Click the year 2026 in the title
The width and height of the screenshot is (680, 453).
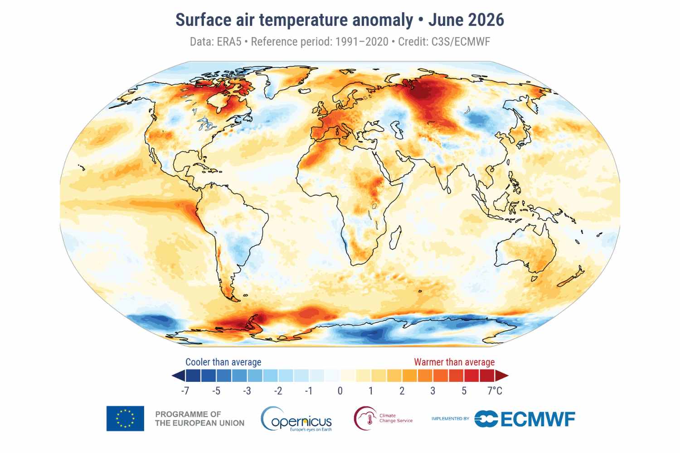pos(486,20)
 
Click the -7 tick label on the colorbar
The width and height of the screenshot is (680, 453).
pos(185,391)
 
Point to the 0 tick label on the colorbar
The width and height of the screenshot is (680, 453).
pos(340,391)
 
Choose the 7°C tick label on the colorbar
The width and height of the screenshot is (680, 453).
pos(495,391)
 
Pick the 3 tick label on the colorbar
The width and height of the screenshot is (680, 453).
pos(433,391)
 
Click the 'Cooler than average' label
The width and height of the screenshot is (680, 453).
pos(223,362)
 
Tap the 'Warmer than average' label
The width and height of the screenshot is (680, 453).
pos(454,362)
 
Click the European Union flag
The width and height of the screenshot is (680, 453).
pos(125,419)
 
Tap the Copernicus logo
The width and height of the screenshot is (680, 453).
pos(296,419)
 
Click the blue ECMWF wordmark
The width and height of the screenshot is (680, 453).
pos(525,419)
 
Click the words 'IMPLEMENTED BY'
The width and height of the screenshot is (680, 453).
pos(450,419)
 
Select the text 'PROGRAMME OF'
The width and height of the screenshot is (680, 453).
pos(188,414)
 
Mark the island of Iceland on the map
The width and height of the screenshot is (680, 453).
pos(305,92)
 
